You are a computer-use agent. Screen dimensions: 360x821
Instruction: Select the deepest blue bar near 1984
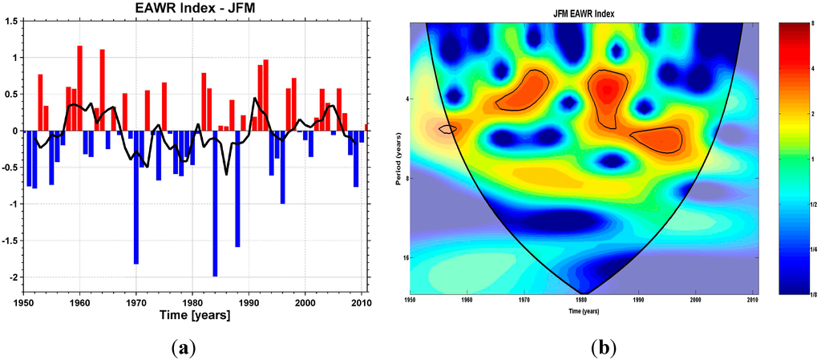[x=215, y=203]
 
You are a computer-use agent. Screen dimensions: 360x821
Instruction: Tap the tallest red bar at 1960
[x=80, y=88]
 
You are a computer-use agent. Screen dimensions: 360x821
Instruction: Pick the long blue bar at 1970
[x=136, y=196]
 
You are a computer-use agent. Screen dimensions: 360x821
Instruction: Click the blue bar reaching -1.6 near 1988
[x=237, y=188]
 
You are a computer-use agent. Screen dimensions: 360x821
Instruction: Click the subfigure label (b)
[x=602, y=347]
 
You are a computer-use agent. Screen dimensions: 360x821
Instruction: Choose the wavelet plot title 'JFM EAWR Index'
[x=583, y=14]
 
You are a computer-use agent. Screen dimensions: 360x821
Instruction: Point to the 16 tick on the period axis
[x=405, y=257]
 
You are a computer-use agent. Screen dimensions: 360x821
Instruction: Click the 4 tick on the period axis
[x=406, y=99]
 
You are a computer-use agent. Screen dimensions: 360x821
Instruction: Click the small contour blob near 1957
[x=447, y=128]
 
